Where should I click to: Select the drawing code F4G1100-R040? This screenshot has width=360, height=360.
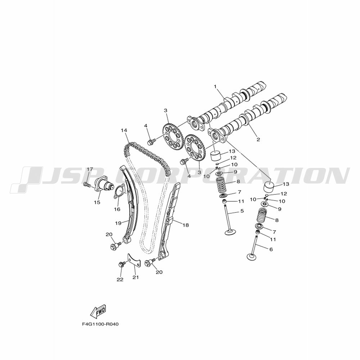pos(100,324)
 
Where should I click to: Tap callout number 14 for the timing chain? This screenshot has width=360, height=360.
pos(124,130)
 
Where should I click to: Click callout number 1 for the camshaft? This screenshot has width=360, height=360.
pos(215,86)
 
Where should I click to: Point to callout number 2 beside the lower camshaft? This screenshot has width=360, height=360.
pos(258,139)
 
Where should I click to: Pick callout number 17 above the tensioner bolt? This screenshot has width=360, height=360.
pos(90,169)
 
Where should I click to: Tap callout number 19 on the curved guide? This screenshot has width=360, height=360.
pos(118,223)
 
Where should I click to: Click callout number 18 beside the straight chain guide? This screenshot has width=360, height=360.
pos(186,225)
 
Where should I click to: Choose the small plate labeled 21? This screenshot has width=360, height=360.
pos(134,260)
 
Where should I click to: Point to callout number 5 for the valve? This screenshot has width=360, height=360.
pos(242,211)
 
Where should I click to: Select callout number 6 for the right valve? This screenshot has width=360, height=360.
pos(271,249)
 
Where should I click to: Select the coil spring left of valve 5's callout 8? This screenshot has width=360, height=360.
pos(222,185)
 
